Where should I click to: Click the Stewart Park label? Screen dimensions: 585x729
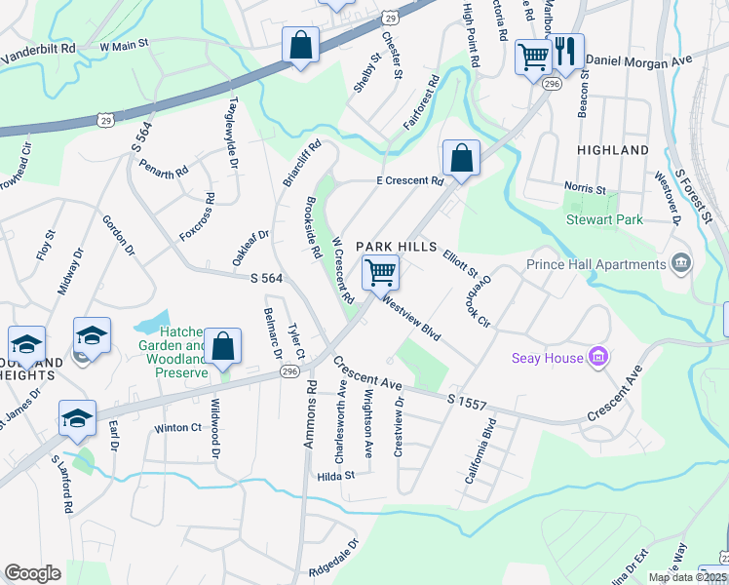coord(605,219)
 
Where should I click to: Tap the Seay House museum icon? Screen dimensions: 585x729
coord(598,358)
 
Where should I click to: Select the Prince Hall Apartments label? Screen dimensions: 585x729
coord(595,264)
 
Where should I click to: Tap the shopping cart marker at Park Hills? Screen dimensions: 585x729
coord(380,272)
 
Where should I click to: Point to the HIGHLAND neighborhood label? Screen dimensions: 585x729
coord(612,150)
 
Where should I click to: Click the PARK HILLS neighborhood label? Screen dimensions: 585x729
coord(394,247)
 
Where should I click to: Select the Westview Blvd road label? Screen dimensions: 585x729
coord(412,318)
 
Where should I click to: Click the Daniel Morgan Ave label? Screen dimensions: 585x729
coord(637,60)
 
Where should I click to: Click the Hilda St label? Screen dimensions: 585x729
coord(335,476)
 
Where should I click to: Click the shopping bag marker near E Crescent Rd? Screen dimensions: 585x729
coord(460,158)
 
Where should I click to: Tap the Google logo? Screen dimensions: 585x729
coord(32,573)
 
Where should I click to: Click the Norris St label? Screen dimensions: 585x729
coord(587,188)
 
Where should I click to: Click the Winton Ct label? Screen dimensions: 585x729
coord(177,427)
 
